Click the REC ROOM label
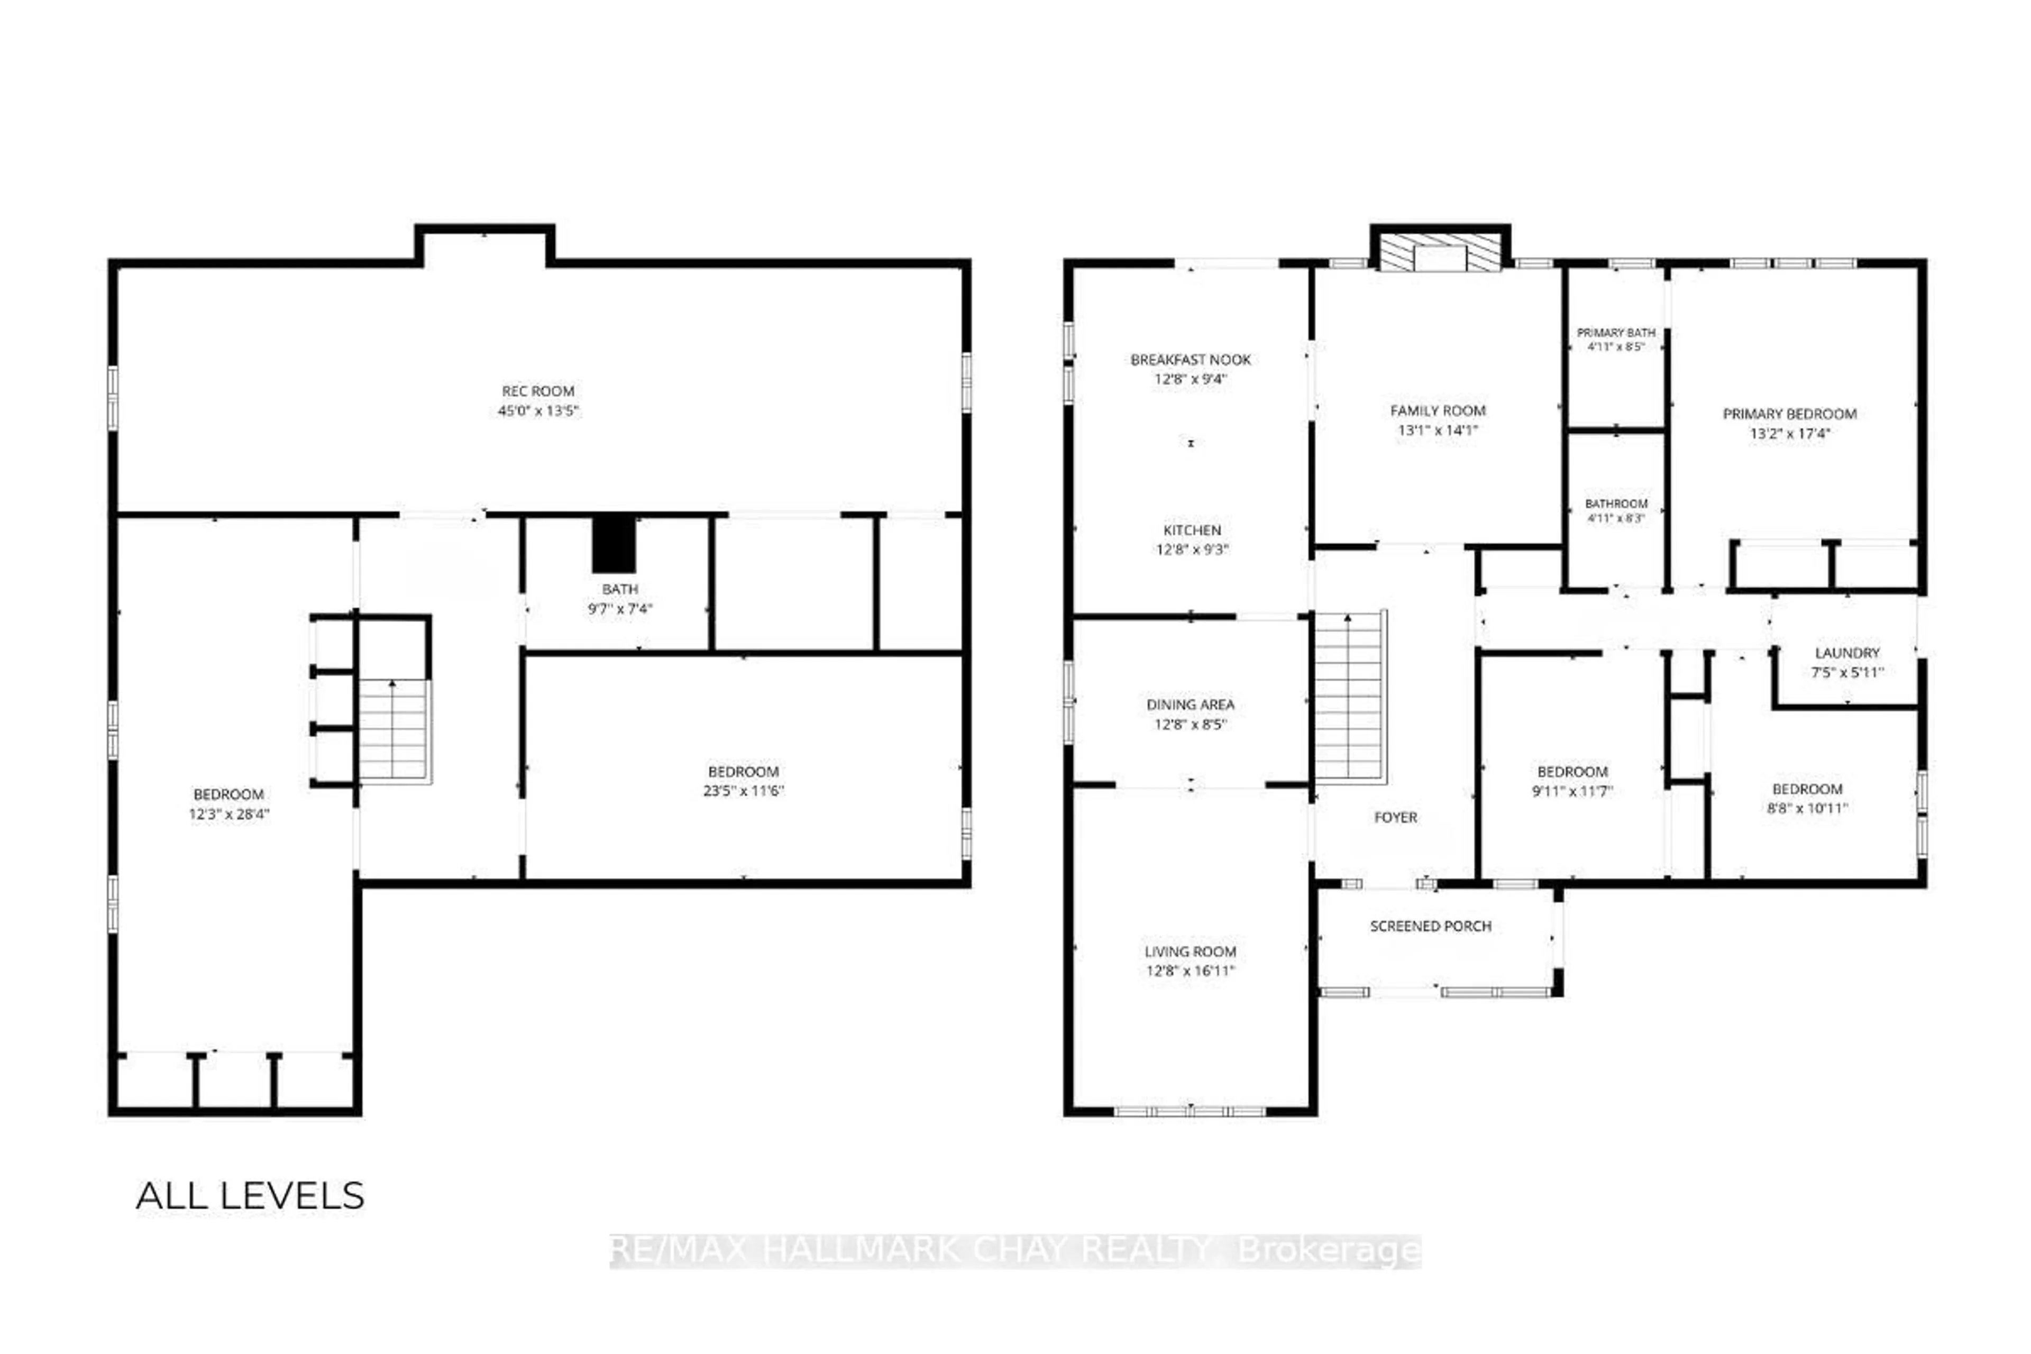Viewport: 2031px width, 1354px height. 538,391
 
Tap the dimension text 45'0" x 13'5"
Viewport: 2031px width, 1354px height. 538,411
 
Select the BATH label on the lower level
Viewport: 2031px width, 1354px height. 620,589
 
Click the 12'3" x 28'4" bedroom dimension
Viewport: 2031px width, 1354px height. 229,813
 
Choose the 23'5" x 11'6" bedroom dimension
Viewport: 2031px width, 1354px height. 744,790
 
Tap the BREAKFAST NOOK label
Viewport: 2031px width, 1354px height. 1191,359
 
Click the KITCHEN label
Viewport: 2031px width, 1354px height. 1192,530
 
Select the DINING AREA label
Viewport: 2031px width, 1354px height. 1191,705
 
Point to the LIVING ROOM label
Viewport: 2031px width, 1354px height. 1191,952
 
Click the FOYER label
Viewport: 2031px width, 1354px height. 1395,817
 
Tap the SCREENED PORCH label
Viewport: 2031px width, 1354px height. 1431,926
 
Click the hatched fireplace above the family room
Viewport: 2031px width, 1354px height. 1440,254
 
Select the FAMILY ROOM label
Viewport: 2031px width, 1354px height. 1438,411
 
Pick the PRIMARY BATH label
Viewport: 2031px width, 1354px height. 1616,333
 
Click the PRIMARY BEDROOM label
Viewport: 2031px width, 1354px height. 1789,414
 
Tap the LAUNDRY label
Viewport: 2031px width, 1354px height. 1847,653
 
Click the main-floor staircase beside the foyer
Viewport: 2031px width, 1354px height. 1350,697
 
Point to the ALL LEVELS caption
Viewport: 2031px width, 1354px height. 250,1196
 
